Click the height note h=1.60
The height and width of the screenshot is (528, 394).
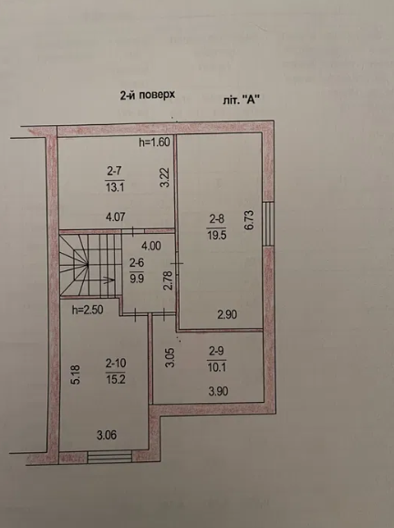tap(155, 143)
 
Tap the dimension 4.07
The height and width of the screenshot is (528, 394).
tap(116, 217)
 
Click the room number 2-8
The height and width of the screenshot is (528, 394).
tap(216, 218)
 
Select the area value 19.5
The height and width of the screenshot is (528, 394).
tap(216, 234)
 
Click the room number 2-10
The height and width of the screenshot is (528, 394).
tap(117, 364)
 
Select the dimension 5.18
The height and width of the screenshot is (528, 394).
tap(77, 374)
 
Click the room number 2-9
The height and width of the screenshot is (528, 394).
tap(216, 352)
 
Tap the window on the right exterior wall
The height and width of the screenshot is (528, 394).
tap(268, 223)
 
